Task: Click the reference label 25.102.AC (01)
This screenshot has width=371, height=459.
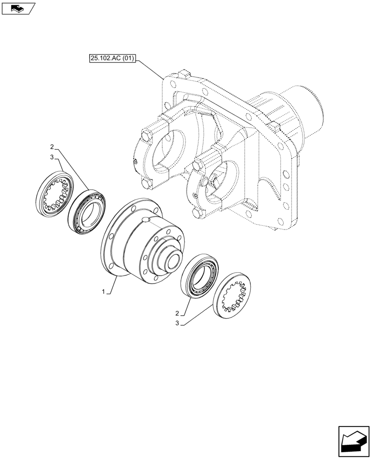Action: pyautogui.click(x=112, y=58)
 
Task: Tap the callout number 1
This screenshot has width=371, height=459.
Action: pyautogui.click(x=104, y=291)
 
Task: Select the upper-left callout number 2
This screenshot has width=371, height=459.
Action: pyautogui.click(x=52, y=147)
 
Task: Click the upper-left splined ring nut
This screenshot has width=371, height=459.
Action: pyautogui.click(x=54, y=192)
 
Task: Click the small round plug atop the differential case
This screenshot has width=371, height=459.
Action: pyautogui.click(x=147, y=221)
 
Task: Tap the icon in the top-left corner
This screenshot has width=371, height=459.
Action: pyautogui.click(x=18, y=8)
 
